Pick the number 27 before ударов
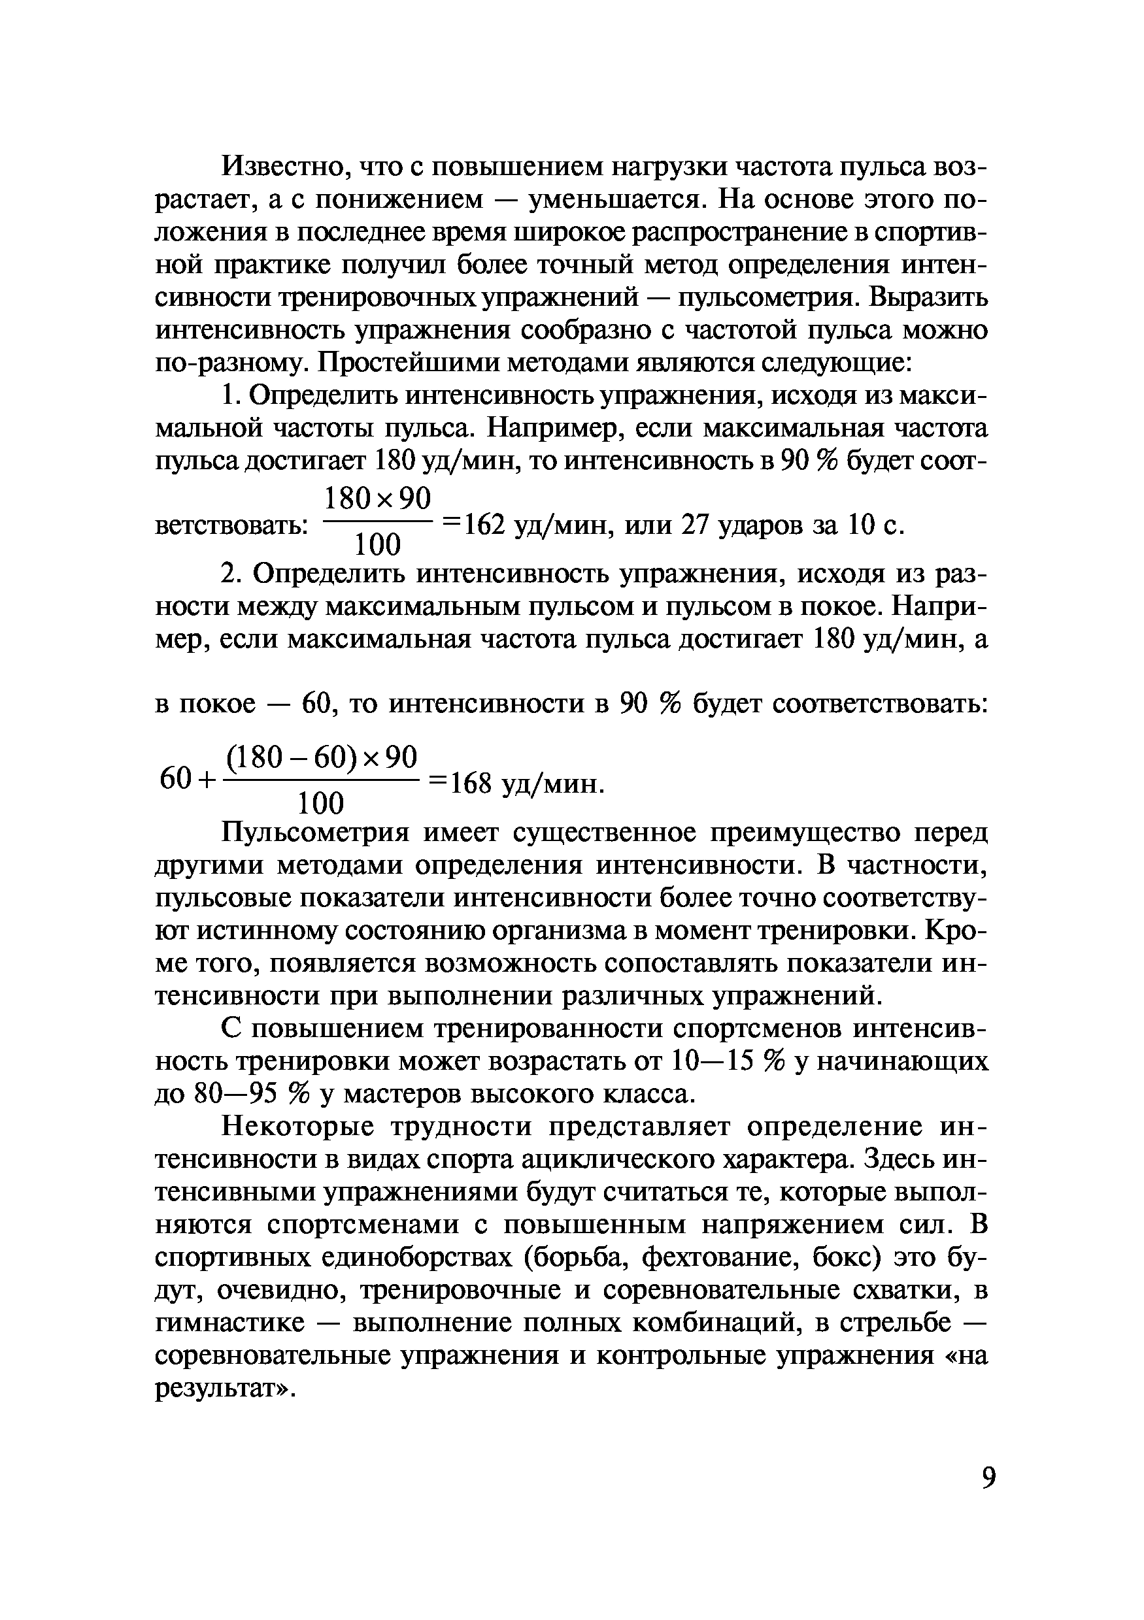tap(694, 524)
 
